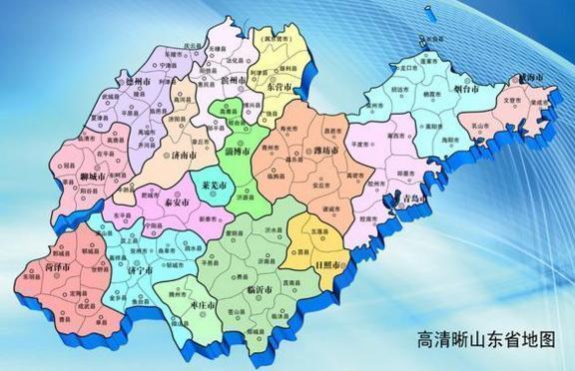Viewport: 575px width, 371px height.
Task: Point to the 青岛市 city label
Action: pos(411,198)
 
